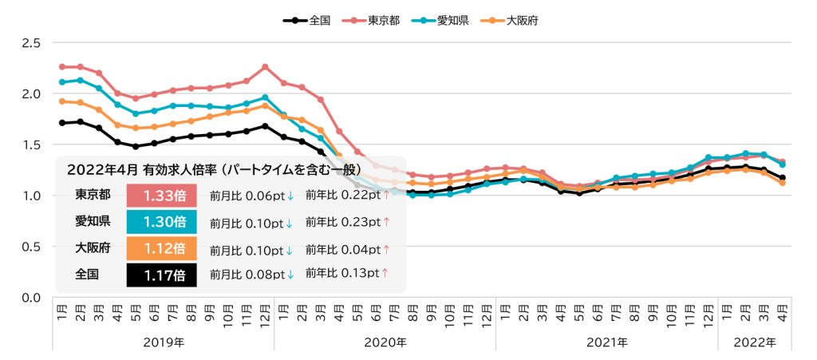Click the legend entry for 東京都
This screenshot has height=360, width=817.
pos(371,21)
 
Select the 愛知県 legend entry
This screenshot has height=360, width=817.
pos(440,21)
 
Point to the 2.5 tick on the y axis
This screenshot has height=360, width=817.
pos(31,43)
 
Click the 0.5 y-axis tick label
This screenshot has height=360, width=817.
pos(31,247)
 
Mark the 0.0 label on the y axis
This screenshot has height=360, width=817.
pos(31,298)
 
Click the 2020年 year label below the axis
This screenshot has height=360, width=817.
pos(385,342)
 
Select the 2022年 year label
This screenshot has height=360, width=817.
pos(755,342)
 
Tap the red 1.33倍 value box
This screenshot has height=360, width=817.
pos(161,196)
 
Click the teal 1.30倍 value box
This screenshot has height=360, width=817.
pos(161,222)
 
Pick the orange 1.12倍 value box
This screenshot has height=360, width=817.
pos(161,248)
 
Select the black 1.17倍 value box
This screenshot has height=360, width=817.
pos(161,275)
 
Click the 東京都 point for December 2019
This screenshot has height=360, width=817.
pos(265,67)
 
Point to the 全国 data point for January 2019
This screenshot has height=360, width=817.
pos(62,123)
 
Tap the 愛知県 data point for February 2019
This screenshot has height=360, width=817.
pos(81,81)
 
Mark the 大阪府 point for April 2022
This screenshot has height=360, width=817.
pos(782,183)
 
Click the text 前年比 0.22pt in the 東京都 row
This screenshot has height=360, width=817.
pos(343,195)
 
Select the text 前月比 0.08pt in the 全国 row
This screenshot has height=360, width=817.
pos(247,275)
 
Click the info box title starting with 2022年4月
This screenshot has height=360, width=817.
pos(214,169)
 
